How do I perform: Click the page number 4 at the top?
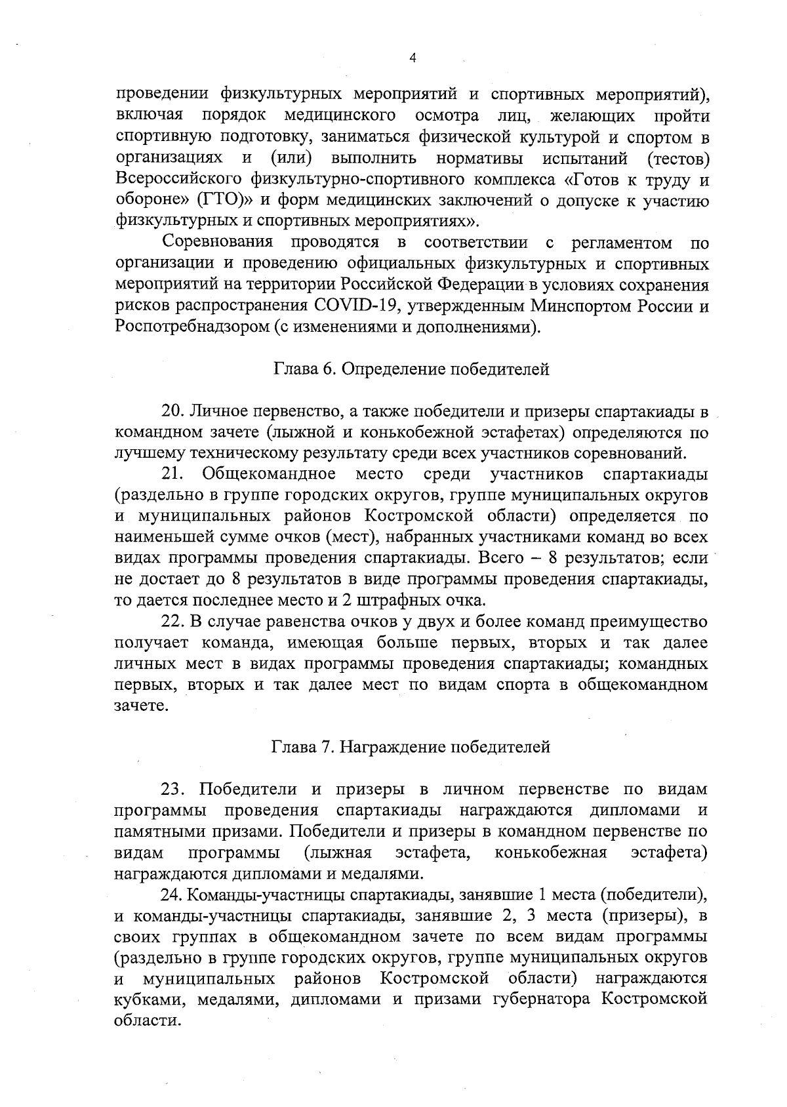tap(413, 58)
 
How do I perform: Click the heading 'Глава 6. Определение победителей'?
tap(411, 370)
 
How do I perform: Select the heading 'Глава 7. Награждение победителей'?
tap(411, 747)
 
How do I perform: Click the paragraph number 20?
tap(173, 412)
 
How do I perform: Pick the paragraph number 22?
tap(173, 622)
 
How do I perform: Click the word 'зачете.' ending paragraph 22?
tap(142, 706)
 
